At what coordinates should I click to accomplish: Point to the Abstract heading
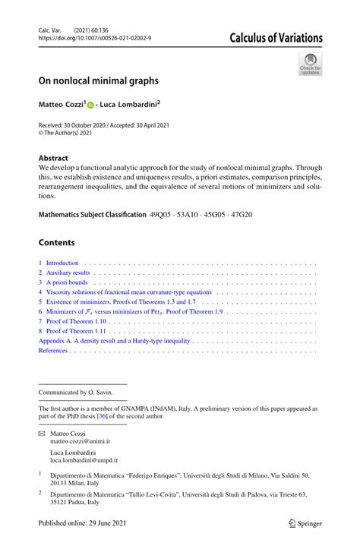53,159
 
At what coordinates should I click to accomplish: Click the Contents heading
57,243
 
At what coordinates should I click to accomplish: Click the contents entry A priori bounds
65,282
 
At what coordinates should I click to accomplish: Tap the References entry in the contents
53,352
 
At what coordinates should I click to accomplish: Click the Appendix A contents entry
115,342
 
